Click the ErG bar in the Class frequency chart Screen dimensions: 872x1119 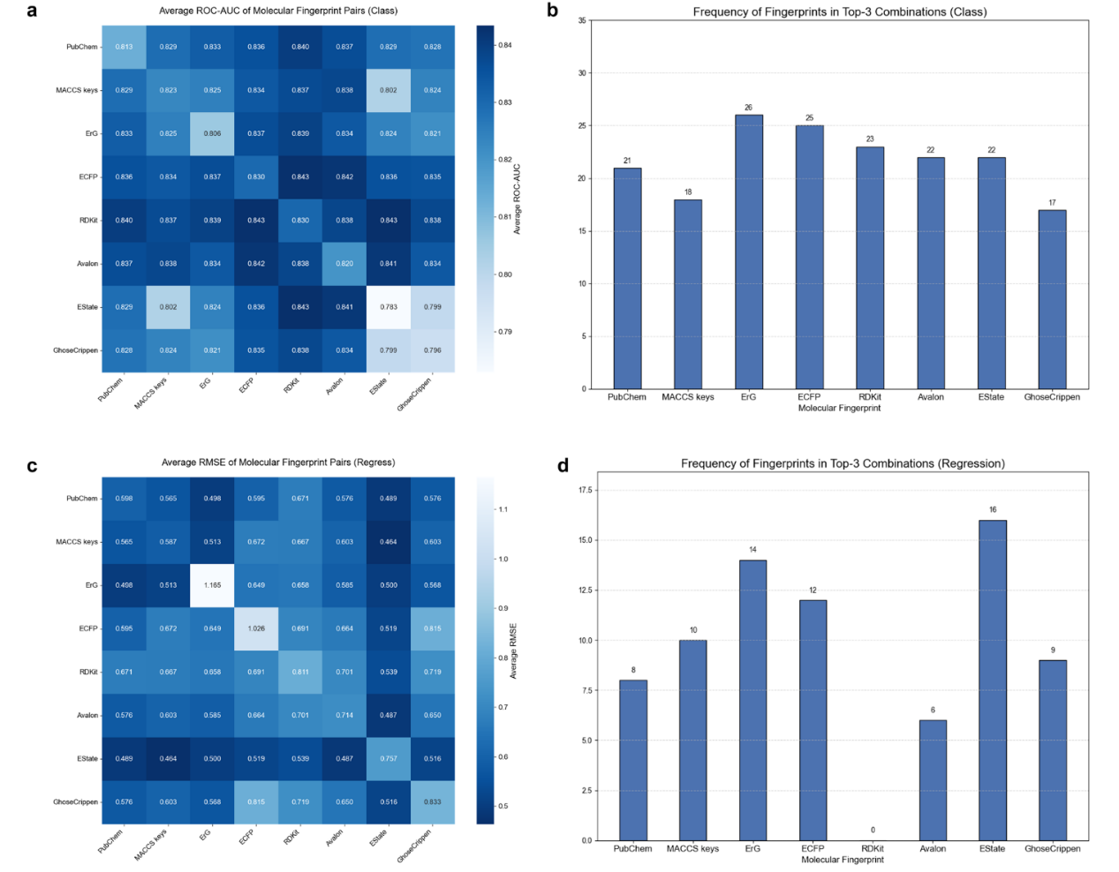point(748,252)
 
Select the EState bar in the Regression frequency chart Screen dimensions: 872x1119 point(992,680)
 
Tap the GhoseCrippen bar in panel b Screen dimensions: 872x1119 point(1052,299)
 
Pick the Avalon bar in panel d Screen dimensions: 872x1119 point(932,780)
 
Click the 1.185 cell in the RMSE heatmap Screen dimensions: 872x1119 point(212,585)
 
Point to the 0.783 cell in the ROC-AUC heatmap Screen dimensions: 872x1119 point(389,307)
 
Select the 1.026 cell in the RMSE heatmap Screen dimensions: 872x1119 point(256,628)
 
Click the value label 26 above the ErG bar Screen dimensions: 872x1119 point(748,108)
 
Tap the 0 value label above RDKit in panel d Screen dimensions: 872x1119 point(873,830)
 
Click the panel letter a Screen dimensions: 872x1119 point(33,11)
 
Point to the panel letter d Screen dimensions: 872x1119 point(563,464)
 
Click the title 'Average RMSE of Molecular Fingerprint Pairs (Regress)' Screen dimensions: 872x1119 point(278,462)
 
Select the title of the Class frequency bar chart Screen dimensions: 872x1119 point(839,11)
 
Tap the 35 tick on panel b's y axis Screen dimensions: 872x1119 point(582,20)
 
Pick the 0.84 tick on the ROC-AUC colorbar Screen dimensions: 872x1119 point(505,45)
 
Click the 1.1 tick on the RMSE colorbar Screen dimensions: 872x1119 point(503,509)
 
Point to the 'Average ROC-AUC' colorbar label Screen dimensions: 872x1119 point(518,199)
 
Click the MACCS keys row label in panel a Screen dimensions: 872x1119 point(77,90)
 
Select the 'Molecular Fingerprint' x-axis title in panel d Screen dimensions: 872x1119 point(842,860)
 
